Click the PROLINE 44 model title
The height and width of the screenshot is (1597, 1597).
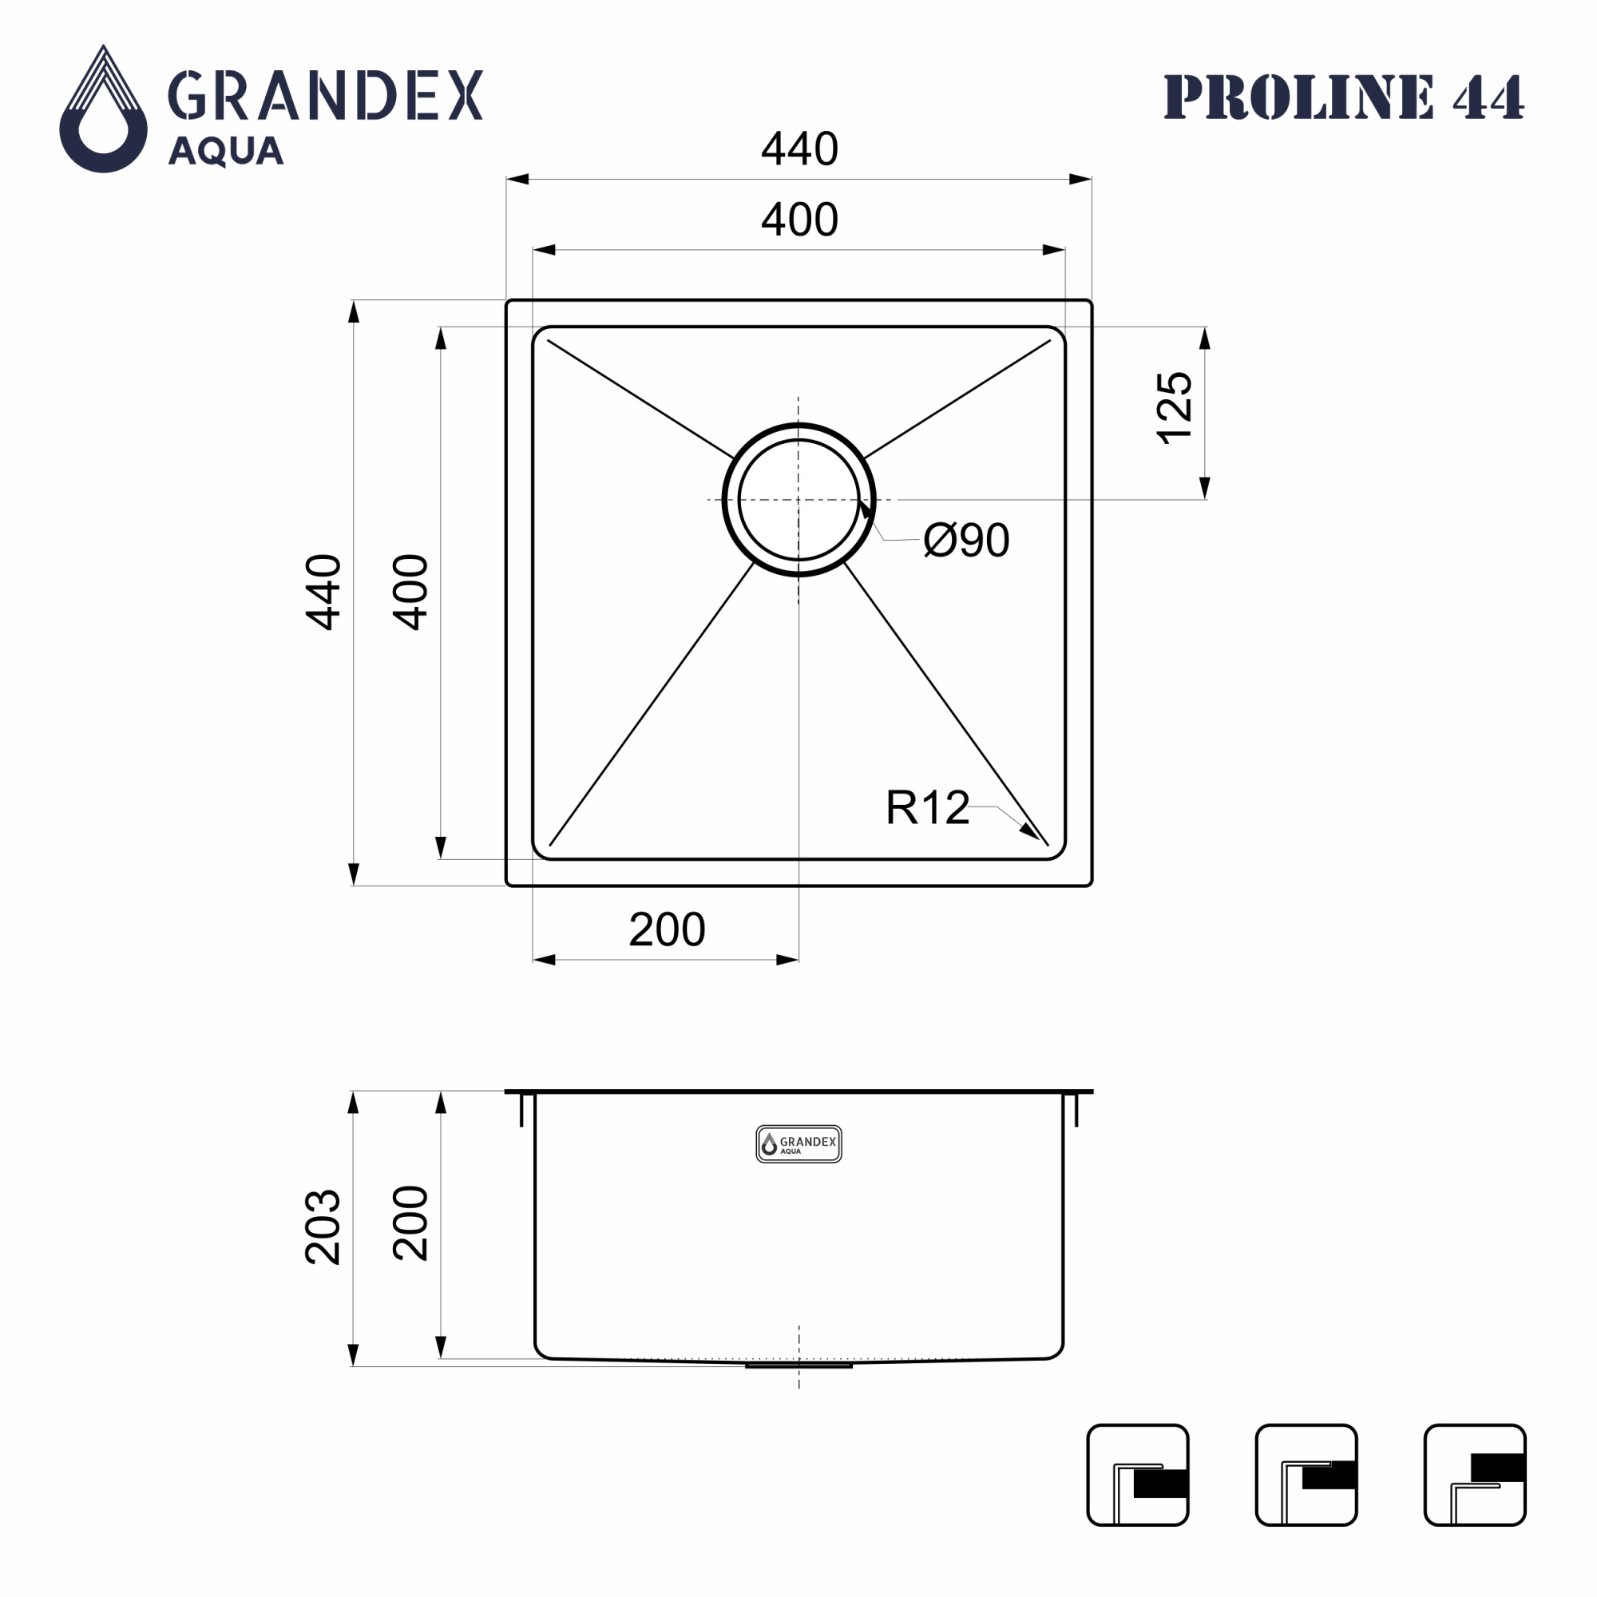(x=1343, y=97)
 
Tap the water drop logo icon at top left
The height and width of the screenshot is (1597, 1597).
(x=103, y=109)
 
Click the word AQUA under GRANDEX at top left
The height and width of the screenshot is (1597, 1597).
(x=226, y=152)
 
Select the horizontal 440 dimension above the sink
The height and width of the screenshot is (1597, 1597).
(x=799, y=149)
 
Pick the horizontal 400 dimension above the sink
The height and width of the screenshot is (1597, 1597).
(x=799, y=220)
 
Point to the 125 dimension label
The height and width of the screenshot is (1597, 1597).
(x=1175, y=408)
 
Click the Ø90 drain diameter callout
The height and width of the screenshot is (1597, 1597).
(x=966, y=540)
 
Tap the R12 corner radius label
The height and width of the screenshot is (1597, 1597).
(x=927, y=807)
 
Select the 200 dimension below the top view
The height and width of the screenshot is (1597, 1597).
(x=667, y=930)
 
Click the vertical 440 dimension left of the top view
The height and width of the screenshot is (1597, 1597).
(x=323, y=592)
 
